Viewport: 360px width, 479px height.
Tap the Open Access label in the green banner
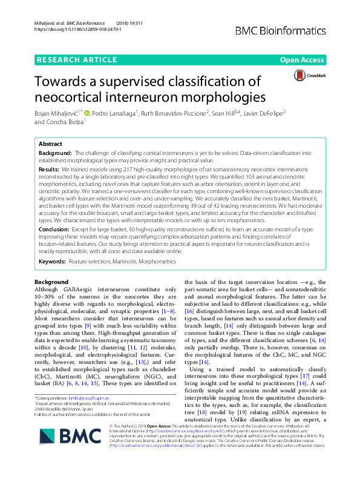coord(302,61)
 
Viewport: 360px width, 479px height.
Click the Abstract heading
coord(50,145)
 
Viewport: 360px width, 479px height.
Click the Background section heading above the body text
coord(51,282)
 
